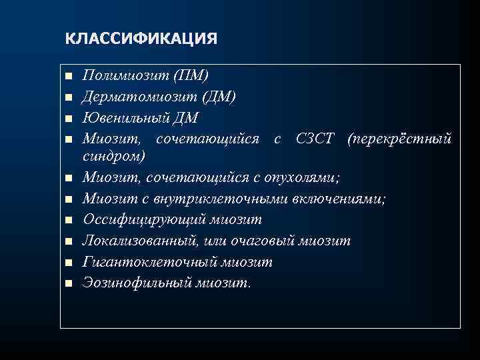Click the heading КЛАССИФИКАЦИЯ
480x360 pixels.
click(141, 38)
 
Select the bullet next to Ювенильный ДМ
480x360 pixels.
click(67, 119)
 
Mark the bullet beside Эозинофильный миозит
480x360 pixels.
click(67, 283)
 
